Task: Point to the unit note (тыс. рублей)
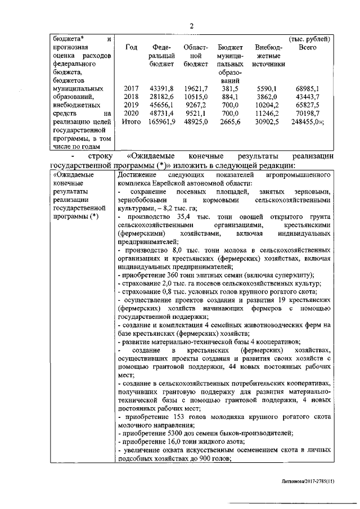(x=309, y=39)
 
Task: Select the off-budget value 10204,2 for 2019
(x=266, y=105)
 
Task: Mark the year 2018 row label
(x=131, y=97)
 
